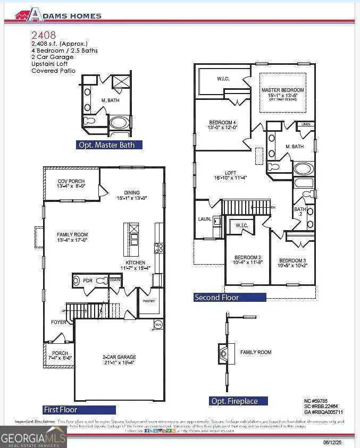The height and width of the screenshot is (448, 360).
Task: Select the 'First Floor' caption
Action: (x=60, y=410)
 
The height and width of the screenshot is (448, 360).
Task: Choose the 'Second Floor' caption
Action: (x=216, y=298)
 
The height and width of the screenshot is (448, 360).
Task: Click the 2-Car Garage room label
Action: (x=119, y=360)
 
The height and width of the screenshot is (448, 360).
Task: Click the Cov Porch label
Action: (x=71, y=184)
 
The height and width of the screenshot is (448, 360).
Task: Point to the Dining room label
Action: (x=132, y=195)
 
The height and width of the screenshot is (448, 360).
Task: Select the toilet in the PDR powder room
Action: (x=78, y=281)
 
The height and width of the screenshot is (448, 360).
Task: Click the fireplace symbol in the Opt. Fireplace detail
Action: (x=224, y=352)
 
